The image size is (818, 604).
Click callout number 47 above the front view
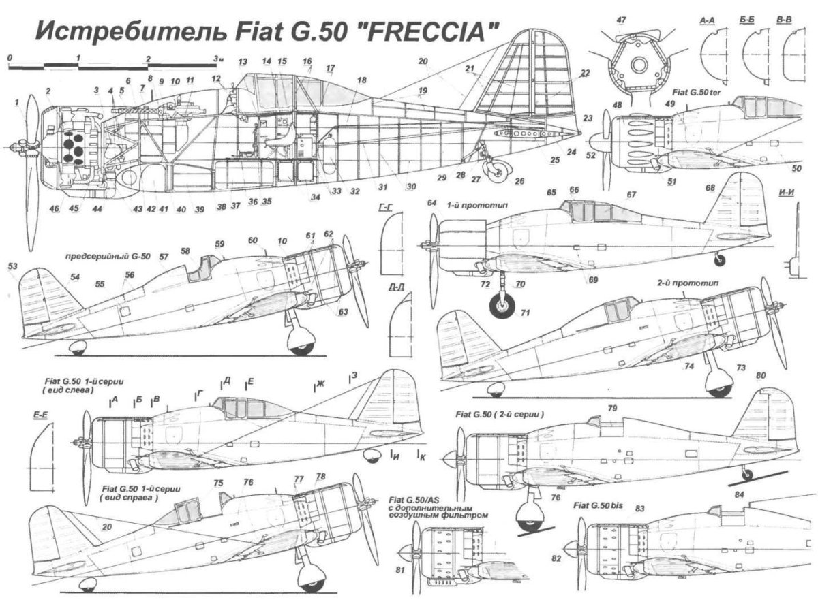(621, 20)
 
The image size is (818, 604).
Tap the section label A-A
(707, 21)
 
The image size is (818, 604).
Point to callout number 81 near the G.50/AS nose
(400, 570)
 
